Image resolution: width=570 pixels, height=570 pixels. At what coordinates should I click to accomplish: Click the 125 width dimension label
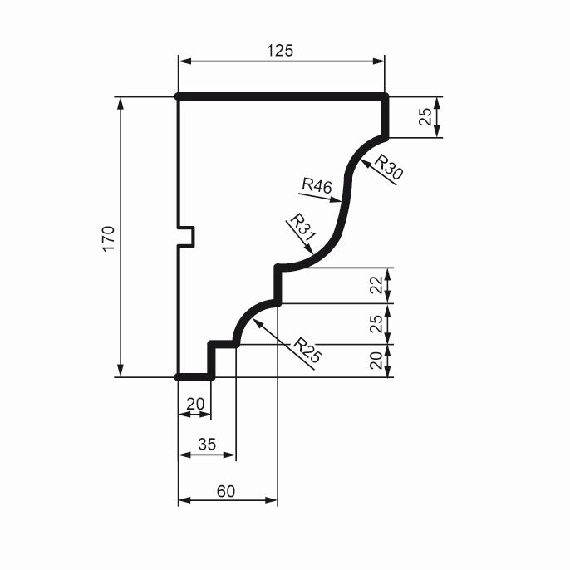pos(279,51)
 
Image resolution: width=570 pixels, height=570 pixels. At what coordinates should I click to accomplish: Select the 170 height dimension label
pos(108,238)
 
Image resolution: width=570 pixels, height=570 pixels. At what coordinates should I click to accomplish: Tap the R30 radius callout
pos(389,167)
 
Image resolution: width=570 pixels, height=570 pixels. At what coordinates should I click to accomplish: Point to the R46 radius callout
pos(317,186)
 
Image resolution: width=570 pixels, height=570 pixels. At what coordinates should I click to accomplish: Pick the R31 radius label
pos(302,228)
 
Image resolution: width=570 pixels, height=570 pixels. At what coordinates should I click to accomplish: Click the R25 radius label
pos(307,351)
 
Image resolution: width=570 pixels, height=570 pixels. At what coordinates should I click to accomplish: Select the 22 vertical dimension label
pos(376,285)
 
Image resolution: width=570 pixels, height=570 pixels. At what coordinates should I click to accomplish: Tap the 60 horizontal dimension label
pos(226,492)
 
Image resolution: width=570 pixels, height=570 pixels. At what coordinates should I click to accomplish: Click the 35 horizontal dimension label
pos(207,445)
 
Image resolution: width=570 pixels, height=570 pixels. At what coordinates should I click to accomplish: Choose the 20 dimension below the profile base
pos(195,404)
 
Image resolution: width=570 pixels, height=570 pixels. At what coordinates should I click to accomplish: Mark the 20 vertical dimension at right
pos(376,361)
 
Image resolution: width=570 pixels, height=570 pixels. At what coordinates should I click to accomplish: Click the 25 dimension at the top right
pos(425,117)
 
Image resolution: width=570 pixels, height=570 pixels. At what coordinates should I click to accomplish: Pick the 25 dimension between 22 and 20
pos(376,324)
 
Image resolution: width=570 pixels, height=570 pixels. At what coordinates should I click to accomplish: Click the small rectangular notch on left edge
pos(186,237)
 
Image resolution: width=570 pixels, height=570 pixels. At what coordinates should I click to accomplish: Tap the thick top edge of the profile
pos(282,96)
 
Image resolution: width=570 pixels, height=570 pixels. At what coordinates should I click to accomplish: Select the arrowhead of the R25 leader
pos(258,323)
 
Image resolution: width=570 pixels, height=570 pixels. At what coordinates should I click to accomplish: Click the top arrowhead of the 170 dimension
pos(120,104)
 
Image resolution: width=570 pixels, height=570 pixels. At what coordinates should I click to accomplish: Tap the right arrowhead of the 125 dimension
pos(378,61)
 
